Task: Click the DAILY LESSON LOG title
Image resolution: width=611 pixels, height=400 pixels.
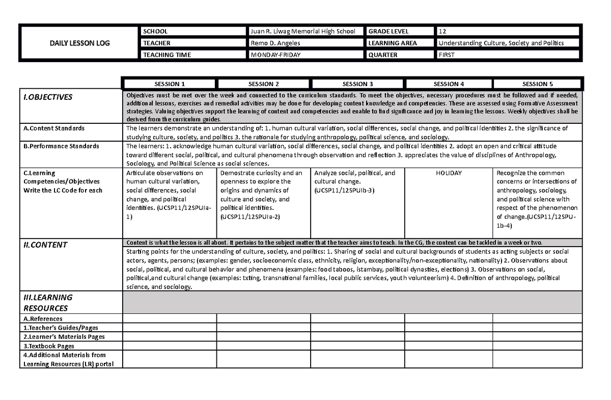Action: click(78, 43)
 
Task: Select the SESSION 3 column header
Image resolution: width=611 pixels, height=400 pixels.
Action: click(357, 84)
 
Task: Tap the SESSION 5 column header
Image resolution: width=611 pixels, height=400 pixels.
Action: click(537, 84)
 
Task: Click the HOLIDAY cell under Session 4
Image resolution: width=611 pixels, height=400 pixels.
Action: click(449, 173)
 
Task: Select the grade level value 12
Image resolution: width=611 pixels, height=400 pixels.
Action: click(442, 32)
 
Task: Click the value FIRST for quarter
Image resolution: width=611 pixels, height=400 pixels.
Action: click(446, 55)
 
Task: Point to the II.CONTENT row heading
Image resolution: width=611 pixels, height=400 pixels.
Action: click(45, 245)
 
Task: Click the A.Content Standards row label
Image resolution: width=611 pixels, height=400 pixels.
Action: click(54, 128)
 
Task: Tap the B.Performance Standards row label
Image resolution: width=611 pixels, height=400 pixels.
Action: click(61, 146)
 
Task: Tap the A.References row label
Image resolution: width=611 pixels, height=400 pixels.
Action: click(43, 318)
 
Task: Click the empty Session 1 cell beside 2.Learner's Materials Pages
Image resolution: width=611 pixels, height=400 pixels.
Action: click(170, 337)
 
